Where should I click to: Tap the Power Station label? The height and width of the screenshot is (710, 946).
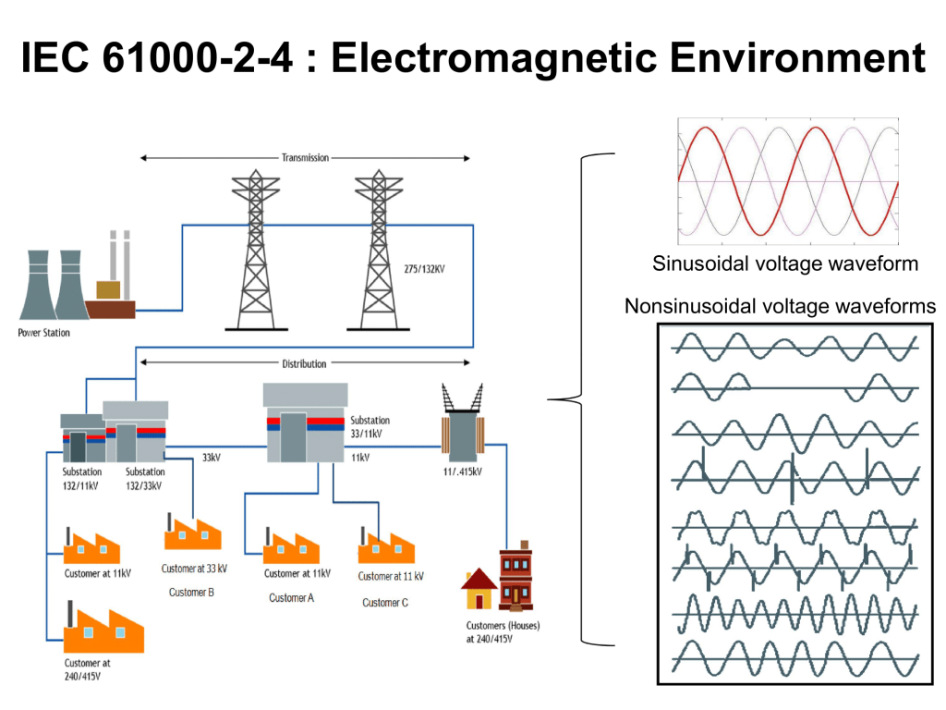tap(43, 333)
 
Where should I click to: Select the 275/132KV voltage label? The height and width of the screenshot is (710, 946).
tap(425, 269)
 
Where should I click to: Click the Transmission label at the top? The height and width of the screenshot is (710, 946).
tap(305, 158)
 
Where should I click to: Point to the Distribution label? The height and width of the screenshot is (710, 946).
tap(304, 363)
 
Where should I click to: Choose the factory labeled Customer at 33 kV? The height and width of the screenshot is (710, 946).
tap(193, 533)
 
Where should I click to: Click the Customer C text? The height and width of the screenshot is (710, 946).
tap(385, 603)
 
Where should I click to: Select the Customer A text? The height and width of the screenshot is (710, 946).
tap(292, 598)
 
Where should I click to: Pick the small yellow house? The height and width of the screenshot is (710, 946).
tap(479, 589)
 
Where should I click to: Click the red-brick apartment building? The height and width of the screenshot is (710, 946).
tap(515, 579)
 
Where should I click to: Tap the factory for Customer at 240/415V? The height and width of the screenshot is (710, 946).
tap(103, 629)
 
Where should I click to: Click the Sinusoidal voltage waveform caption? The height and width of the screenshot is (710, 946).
tap(785, 264)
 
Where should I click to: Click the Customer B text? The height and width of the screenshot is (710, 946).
tap(191, 593)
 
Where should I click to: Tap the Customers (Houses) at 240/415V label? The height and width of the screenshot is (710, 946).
tap(503, 631)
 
